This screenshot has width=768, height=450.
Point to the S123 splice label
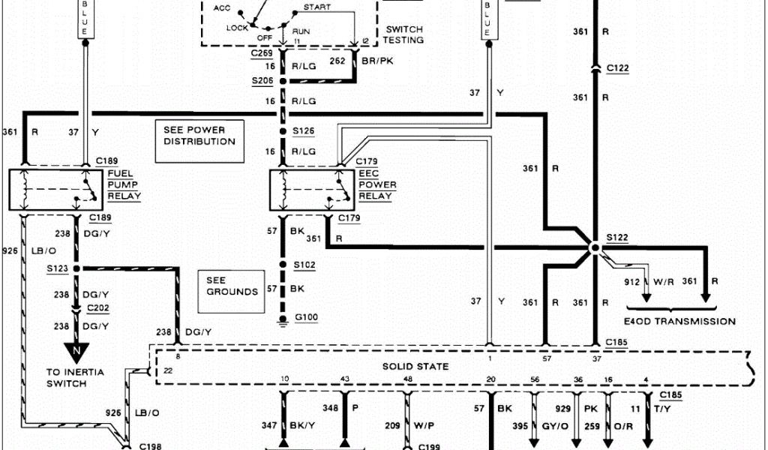58,268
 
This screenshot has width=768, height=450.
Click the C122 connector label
618,68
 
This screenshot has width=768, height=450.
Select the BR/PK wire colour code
377,62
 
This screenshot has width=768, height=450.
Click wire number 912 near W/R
632,281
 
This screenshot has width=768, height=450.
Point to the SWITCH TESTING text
404,34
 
